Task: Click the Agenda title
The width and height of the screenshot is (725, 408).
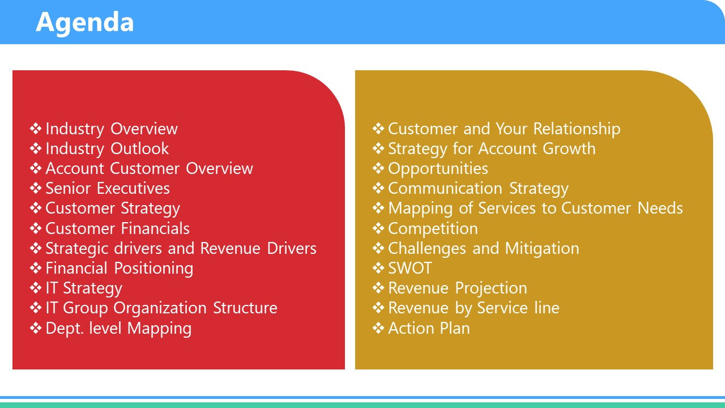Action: (x=84, y=23)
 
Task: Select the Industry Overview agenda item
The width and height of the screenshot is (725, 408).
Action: (x=112, y=129)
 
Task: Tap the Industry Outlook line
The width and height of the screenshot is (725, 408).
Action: (x=107, y=148)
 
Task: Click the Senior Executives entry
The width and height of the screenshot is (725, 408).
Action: (x=108, y=189)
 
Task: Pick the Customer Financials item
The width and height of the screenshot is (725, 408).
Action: (x=117, y=228)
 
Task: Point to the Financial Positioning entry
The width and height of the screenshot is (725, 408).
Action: (x=120, y=269)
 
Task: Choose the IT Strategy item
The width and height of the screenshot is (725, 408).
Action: (x=84, y=288)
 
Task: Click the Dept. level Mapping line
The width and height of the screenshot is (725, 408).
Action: (x=118, y=328)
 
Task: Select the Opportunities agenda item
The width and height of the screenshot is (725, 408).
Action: (x=438, y=169)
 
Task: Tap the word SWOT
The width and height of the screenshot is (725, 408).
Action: (x=410, y=269)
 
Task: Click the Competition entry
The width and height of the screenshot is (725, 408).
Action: (x=433, y=229)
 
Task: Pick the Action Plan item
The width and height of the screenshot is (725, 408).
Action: (x=429, y=328)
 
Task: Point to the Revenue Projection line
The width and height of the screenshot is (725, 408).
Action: (x=458, y=288)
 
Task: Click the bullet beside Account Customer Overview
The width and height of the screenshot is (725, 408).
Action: (x=36, y=168)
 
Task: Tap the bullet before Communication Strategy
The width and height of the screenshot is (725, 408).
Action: (x=378, y=188)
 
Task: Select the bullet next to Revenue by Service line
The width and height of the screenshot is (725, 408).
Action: (x=378, y=308)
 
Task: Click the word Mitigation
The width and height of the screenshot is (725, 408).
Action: (x=542, y=249)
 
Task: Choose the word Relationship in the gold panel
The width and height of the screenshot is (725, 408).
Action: (x=577, y=129)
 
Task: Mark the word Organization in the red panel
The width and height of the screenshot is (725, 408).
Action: (x=160, y=308)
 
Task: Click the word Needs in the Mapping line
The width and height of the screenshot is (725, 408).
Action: (x=660, y=208)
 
